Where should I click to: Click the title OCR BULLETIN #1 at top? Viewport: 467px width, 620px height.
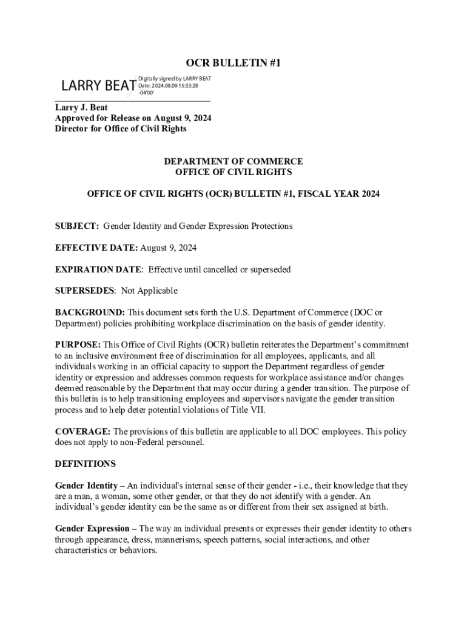coord(233,63)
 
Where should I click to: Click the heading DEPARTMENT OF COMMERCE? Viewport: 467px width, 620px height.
coord(233,162)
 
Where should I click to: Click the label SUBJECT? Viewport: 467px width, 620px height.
coord(77,226)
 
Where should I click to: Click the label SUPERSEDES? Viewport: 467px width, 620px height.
coord(84,291)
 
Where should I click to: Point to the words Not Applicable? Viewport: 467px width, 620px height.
coord(149,291)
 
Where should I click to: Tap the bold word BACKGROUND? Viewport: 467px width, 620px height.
coord(90,312)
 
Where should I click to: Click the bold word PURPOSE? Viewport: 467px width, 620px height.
coord(78,345)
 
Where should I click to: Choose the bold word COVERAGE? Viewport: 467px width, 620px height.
coord(83,432)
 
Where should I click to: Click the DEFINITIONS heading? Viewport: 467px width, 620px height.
coord(85,464)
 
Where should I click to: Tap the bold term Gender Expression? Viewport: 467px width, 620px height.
coord(92,529)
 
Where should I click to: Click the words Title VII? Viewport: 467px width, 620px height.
coord(264,410)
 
